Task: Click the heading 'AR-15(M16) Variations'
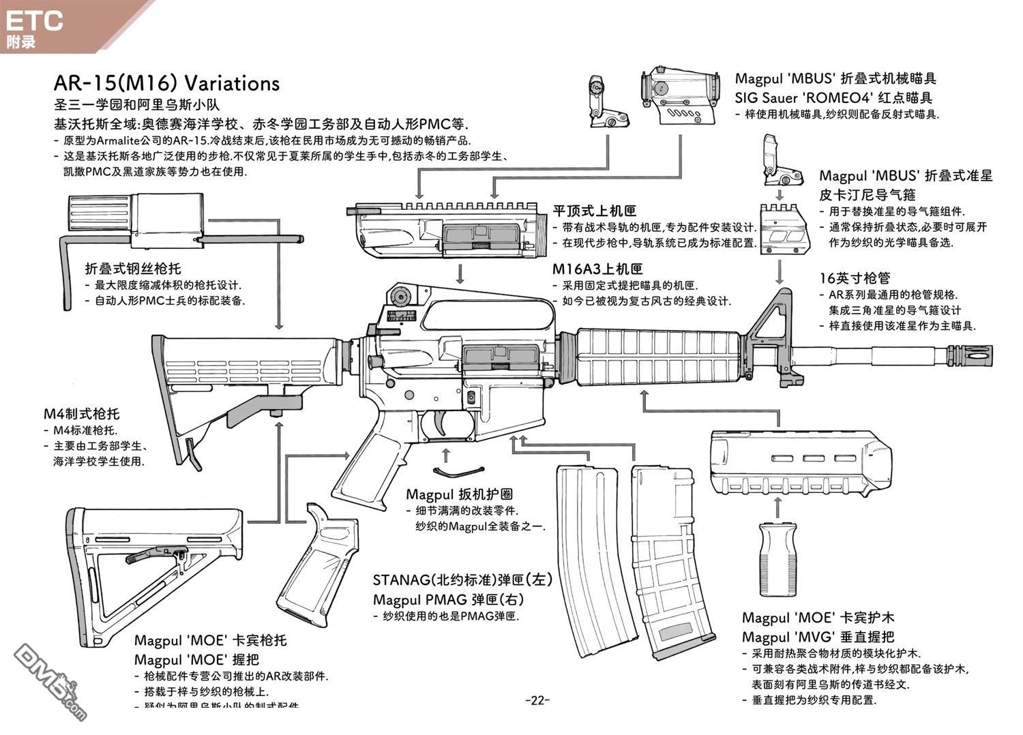coord(166,83)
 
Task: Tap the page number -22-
coord(537,700)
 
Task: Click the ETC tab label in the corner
coord(34,20)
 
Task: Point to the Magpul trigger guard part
coord(459,471)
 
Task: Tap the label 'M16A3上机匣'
coord(597,269)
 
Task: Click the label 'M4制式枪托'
coord(81,414)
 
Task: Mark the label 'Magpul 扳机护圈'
coord(459,494)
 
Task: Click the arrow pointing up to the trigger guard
coord(447,456)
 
